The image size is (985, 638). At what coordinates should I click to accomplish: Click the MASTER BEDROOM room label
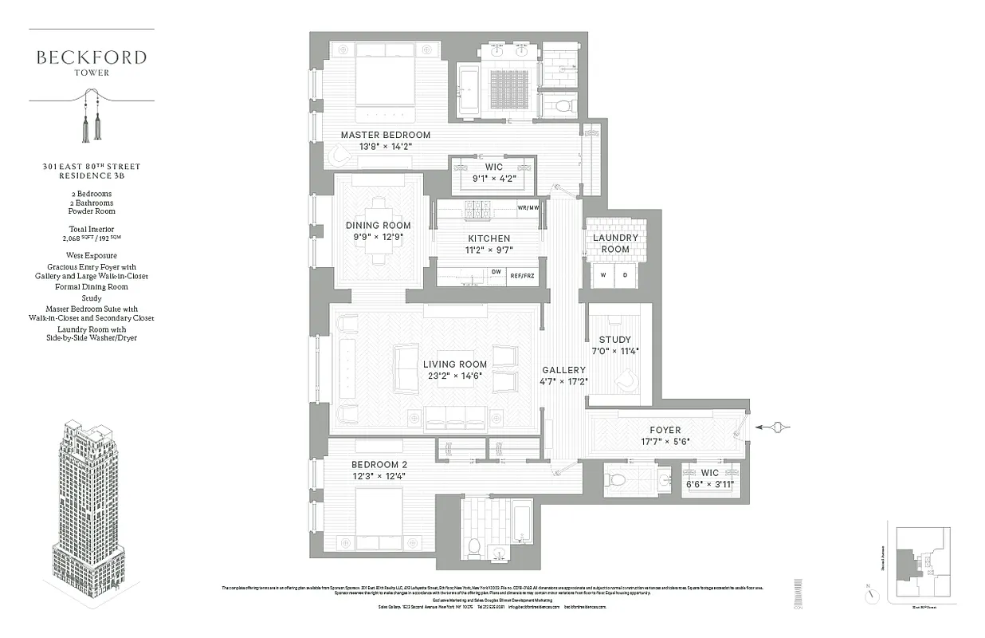click(x=385, y=135)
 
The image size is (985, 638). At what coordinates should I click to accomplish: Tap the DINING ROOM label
click(x=378, y=225)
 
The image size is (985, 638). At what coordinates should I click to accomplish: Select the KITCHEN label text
click(x=489, y=238)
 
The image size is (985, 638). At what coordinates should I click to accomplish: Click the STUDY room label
click(x=614, y=340)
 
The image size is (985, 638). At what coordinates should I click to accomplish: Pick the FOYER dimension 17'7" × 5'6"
click(x=665, y=441)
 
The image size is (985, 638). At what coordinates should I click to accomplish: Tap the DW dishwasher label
click(x=496, y=272)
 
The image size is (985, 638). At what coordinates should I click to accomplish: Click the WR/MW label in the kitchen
click(x=528, y=208)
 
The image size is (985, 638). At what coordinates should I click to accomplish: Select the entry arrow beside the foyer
click(x=773, y=428)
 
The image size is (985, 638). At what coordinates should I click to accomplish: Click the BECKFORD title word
click(x=91, y=57)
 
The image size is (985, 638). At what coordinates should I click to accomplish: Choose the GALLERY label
click(x=563, y=370)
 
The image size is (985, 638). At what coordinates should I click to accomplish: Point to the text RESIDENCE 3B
click(x=91, y=176)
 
